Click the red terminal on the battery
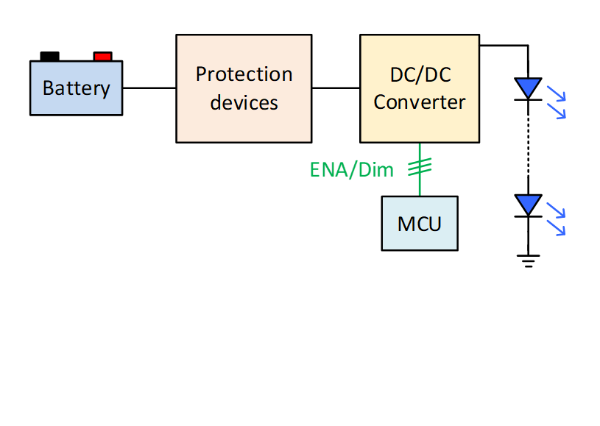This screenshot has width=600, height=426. (x=102, y=56)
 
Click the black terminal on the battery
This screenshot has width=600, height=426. (x=49, y=56)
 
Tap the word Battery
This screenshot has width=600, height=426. (x=76, y=88)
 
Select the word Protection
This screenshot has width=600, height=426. (x=244, y=74)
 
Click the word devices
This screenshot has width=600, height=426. (x=244, y=102)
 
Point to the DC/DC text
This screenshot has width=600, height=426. (x=419, y=74)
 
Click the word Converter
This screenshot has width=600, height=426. (x=419, y=102)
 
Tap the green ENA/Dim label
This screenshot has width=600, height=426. (x=351, y=170)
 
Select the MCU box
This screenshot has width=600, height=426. (x=419, y=223)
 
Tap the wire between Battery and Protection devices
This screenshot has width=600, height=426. (x=149, y=88)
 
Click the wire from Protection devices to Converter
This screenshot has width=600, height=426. (x=336, y=88)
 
